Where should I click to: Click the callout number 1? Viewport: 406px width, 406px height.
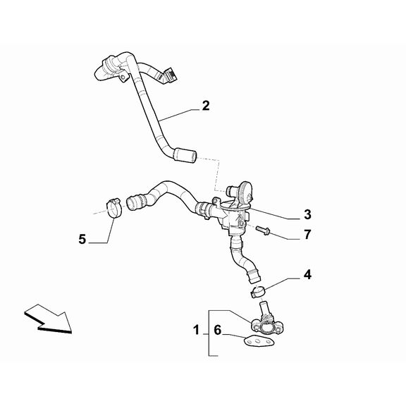click(x=196, y=330)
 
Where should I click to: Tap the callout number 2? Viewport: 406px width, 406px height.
click(x=206, y=106)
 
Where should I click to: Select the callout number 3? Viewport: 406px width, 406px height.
click(x=307, y=215)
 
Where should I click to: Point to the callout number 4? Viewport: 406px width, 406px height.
click(x=307, y=274)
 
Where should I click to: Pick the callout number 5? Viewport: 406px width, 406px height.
click(x=82, y=239)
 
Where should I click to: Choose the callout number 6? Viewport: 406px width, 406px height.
click(x=218, y=330)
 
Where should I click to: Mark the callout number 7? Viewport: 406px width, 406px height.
click(x=307, y=235)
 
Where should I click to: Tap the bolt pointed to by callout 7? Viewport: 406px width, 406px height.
click(x=263, y=230)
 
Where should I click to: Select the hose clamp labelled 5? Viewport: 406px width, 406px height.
click(x=114, y=208)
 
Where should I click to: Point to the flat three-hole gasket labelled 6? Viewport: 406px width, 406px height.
click(x=259, y=342)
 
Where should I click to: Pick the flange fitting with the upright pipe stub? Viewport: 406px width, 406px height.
click(x=266, y=320)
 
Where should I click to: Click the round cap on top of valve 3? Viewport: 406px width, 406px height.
click(x=245, y=191)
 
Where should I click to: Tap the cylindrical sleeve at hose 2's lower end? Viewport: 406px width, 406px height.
click(x=185, y=155)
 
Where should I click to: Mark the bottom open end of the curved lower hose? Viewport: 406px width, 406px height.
click(x=254, y=277)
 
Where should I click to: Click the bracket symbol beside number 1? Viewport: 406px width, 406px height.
click(x=214, y=333)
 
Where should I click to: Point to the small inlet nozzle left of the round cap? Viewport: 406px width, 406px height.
click(x=230, y=191)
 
